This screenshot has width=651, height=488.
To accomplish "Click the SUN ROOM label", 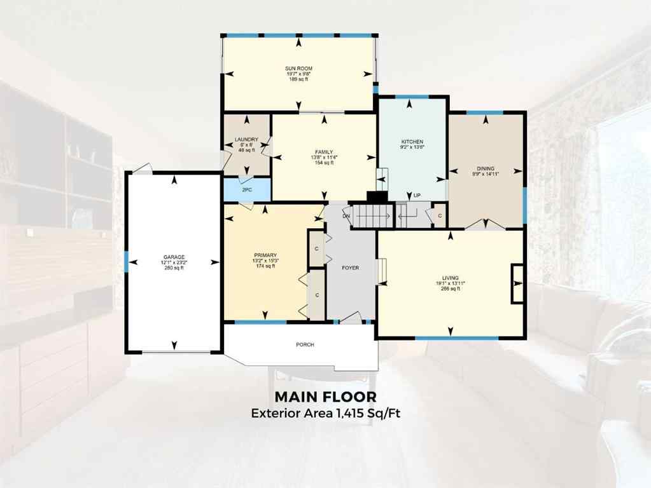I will click(x=298, y=68).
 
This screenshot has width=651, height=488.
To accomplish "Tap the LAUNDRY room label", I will click(x=246, y=140).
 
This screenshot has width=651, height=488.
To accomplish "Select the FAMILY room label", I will click(x=324, y=152).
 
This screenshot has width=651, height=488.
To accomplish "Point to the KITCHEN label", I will click(x=412, y=142).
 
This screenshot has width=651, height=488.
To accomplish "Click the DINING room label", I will click(x=486, y=168).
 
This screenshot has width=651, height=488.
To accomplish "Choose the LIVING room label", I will click(x=451, y=278).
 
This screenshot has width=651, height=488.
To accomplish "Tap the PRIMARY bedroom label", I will click(x=265, y=255).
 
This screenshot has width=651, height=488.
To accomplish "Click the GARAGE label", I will click(x=173, y=257).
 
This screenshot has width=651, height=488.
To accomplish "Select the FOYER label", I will click(x=350, y=268).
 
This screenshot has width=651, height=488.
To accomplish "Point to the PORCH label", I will click(x=305, y=344).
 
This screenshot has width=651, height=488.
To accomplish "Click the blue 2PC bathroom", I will click(x=247, y=189).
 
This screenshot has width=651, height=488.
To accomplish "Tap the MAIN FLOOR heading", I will click(x=325, y=396).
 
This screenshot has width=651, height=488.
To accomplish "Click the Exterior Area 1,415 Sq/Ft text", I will click(x=325, y=413).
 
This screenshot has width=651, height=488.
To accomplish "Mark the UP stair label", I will click(x=417, y=195).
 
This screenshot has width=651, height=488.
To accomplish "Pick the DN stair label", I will click(x=346, y=216).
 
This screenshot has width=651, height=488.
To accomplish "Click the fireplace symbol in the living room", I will click(x=517, y=282).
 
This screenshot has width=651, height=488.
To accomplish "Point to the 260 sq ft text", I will click(x=173, y=268).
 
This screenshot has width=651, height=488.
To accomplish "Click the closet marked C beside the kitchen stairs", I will click(x=439, y=216).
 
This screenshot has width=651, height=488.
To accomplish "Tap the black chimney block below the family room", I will click(x=377, y=198).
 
